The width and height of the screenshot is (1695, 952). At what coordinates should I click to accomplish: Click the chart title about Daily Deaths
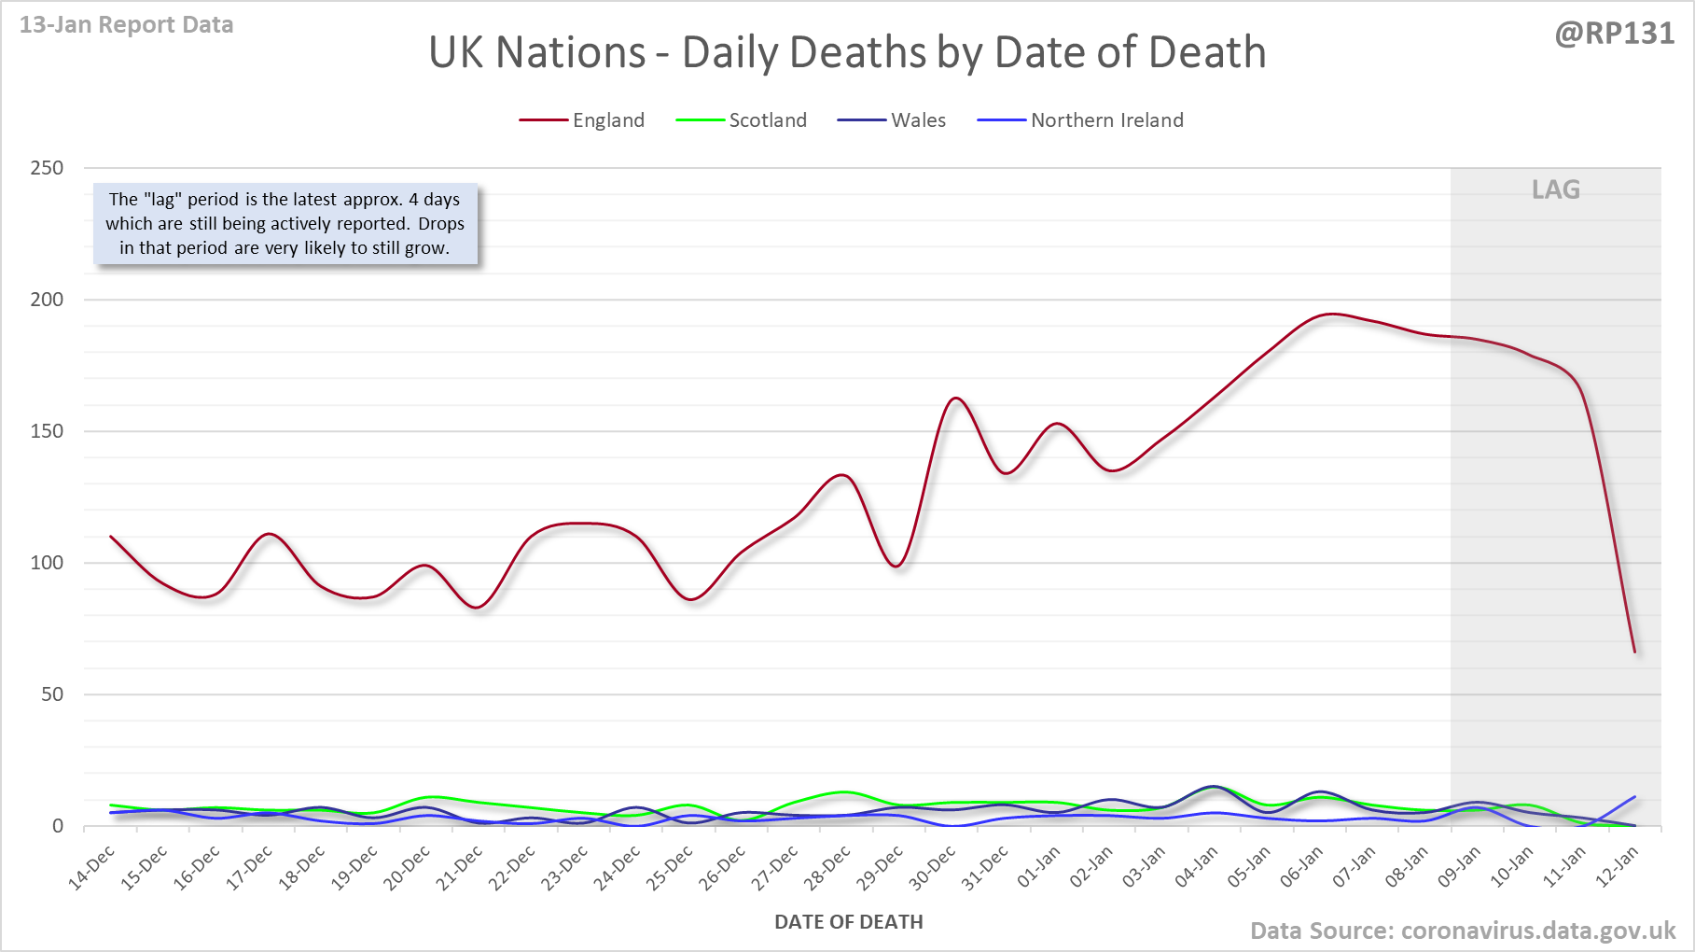[847, 52]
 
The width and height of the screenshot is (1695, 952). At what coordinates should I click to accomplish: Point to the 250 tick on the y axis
[47, 168]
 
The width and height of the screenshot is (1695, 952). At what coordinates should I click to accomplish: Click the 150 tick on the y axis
[47, 431]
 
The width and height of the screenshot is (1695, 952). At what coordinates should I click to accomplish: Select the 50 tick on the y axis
[52, 694]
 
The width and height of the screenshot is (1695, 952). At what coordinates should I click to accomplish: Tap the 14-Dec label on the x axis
[92, 867]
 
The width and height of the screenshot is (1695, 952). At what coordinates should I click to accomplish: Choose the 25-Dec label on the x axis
[670, 867]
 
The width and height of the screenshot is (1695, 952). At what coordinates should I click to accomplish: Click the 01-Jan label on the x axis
[1038, 867]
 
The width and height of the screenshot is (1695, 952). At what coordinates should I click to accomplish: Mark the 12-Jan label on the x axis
[1617, 867]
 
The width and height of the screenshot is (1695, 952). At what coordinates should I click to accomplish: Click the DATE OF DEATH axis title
[848, 922]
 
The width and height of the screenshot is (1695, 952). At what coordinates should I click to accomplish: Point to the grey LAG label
[1555, 190]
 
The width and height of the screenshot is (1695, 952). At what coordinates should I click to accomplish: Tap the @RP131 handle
[1614, 34]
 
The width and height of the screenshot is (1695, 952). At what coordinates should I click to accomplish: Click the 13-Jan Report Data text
[126, 25]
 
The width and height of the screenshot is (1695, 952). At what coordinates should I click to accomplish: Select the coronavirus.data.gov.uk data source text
[1462, 931]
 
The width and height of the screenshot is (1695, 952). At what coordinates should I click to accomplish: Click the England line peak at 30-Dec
[955, 399]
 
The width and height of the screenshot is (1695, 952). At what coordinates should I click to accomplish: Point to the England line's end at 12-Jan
[1634, 651]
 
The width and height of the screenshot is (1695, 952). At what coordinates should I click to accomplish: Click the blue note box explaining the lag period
[285, 224]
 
